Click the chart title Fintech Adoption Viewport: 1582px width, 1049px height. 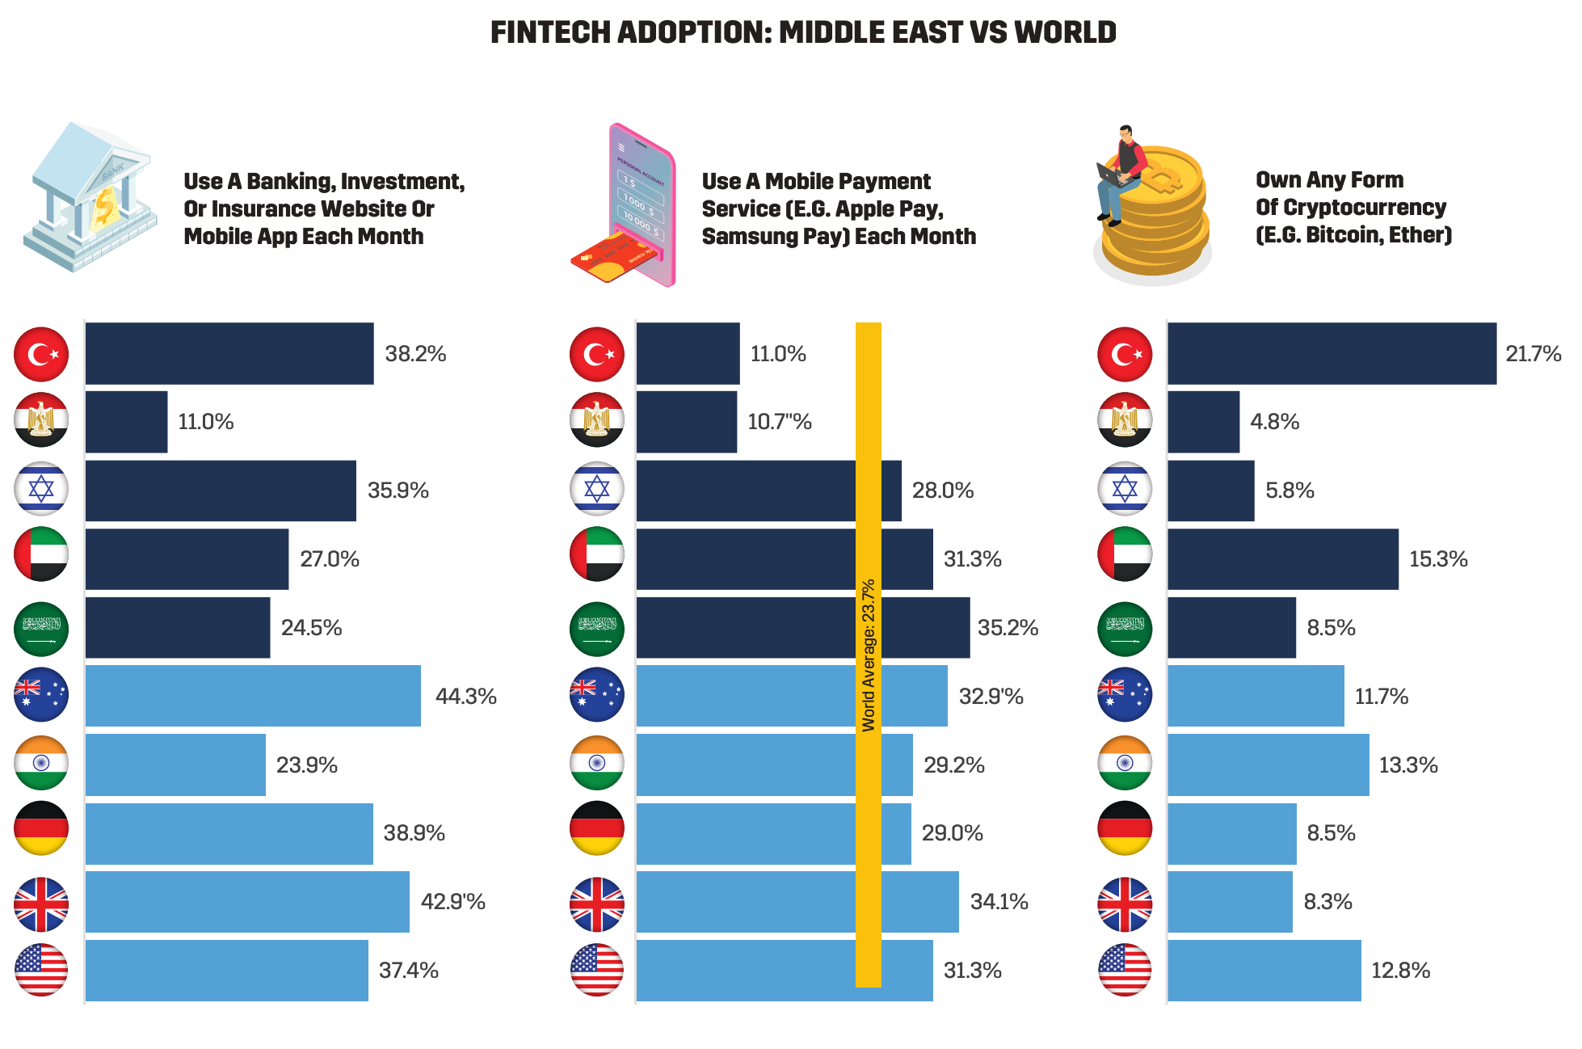point(803,32)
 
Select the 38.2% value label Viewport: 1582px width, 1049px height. point(415,354)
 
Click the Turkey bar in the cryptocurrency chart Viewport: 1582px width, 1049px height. point(1331,354)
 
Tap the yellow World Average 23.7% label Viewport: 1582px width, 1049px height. point(869,655)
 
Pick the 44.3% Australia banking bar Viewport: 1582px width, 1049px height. point(253,696)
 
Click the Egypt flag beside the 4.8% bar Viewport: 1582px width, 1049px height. point(1125,420)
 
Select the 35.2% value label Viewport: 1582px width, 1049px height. point(1008,628)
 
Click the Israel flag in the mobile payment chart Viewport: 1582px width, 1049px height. point(596,489)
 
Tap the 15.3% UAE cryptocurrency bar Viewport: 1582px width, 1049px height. point(1282,559)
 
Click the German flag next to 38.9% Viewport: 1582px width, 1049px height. point(41,828)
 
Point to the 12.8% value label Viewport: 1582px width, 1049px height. point(1400,971)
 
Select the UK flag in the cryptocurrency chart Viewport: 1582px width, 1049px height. point(1125,904)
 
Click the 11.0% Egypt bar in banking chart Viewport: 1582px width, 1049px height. point(126,422)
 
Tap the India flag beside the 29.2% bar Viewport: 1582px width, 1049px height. point(596,763)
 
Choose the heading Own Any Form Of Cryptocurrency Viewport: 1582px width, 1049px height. point(1353,208)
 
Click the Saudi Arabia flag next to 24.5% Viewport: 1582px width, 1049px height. point(41,629)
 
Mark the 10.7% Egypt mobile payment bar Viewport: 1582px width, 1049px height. point(687,422)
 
